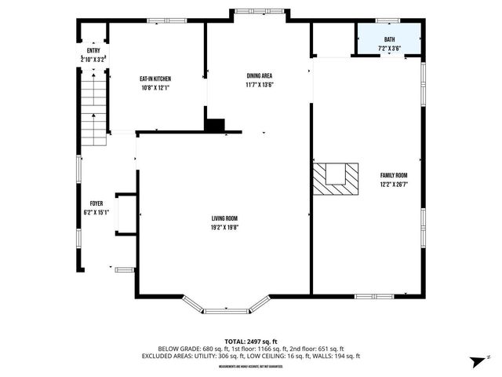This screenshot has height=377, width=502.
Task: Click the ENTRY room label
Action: (x=93, y=50)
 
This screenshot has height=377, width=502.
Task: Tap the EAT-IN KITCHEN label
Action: (x=155, y=79)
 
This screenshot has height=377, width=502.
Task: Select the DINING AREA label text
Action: (x=259, y=75)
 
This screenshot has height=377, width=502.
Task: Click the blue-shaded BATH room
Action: (x=390, y=43)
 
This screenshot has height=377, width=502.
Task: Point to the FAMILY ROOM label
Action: (x=394, y=175)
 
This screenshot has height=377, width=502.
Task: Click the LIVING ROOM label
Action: (x=224, y=218)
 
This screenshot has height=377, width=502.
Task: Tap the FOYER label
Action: (x=96, y=203)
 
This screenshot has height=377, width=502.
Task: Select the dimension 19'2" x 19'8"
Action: (x=224, y=227)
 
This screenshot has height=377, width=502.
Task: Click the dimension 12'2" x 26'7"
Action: (x=394, y=185)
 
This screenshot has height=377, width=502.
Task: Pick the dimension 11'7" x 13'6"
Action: (x=259, y=84)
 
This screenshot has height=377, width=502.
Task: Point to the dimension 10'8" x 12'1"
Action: (x=155, y=87)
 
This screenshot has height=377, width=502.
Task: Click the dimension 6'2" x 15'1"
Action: (x=96, y=212)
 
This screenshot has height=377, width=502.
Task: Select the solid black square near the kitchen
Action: (x=214, y=124)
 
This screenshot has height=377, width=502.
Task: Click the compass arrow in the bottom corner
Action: (x=476, y=361)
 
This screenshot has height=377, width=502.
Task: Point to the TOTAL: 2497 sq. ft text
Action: (x=251, y=341)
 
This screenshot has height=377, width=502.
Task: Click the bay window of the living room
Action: (x=227, y=307)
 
